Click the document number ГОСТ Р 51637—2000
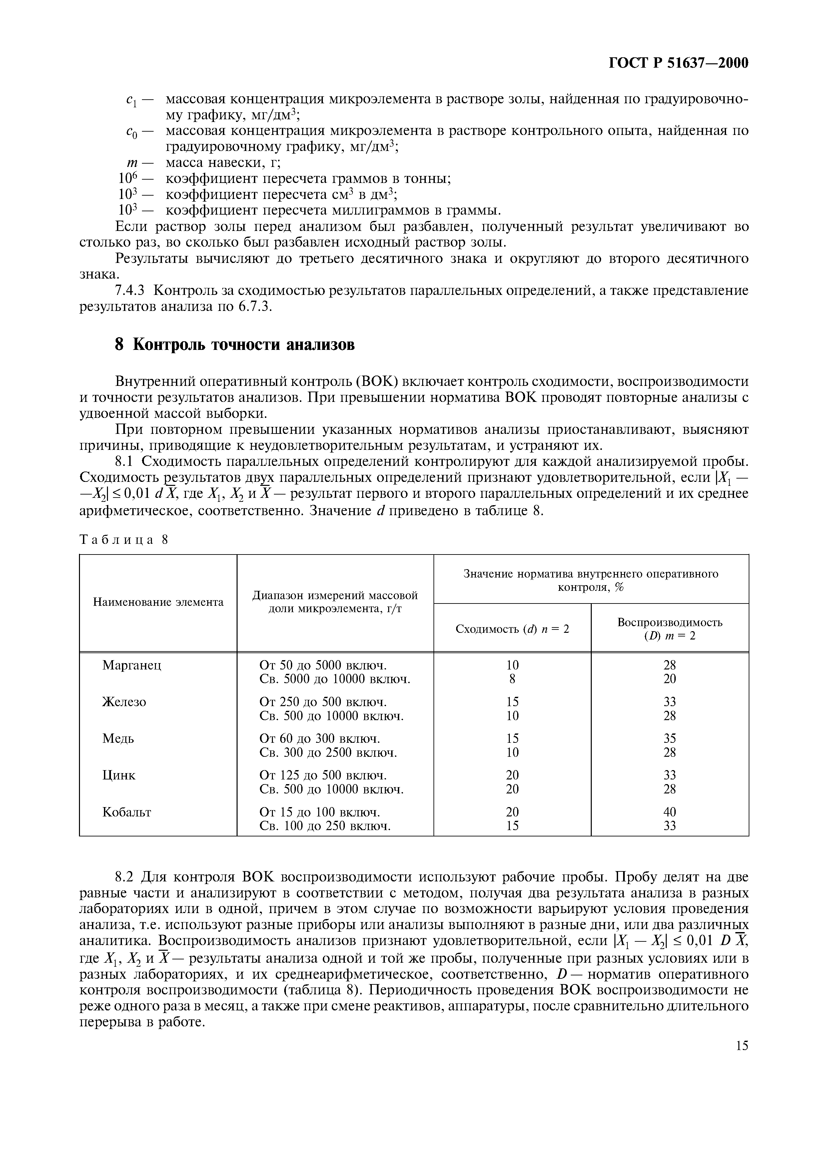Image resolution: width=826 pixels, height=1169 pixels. coord(678,63)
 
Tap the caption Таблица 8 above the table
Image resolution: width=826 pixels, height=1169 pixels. coord(124,540)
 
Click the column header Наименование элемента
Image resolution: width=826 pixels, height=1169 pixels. coord(158,602)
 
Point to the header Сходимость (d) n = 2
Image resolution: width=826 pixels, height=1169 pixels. coord(512,629)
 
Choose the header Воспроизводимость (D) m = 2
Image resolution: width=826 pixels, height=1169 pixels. coord(670,629)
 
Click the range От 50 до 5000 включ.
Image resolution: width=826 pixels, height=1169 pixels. coord(323,665)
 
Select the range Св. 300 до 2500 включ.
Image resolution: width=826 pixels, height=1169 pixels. coord(328,752)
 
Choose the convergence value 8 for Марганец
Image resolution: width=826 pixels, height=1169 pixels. coord(512,679)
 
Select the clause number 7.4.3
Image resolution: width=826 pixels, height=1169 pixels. coord(130,291)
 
